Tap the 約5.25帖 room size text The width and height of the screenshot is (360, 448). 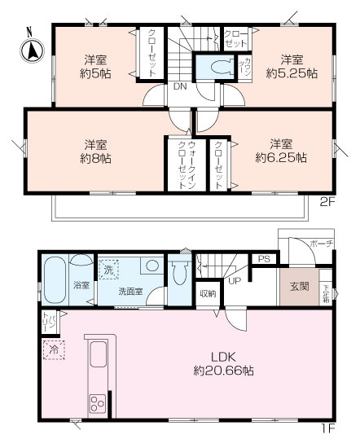coord(289,72)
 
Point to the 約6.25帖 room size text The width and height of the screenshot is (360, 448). coord(281,157)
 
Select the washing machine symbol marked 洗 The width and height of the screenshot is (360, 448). coord(107,267)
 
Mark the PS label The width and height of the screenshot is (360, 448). coord(262,260)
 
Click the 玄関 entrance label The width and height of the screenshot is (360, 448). coord(298,287)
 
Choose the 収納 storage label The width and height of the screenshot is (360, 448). coord(208,293)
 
